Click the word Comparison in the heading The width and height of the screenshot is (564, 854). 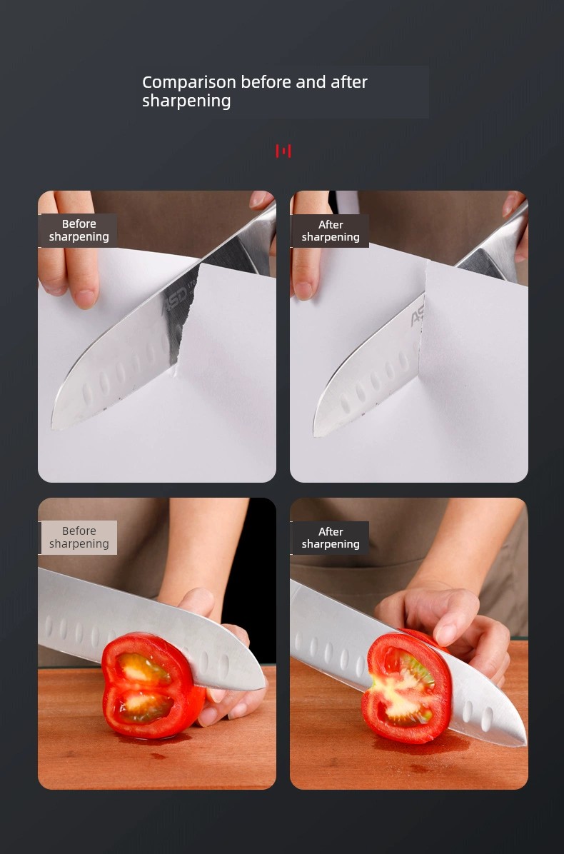[189, 82]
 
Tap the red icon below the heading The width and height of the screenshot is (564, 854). [283, 151]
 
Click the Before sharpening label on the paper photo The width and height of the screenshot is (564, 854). [79, 231]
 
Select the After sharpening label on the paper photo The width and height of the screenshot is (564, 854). [331, 231]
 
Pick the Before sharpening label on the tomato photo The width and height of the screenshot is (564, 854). [79, 538]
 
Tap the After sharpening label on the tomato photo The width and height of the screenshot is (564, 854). [331, 538]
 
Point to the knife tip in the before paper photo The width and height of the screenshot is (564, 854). [54, 428]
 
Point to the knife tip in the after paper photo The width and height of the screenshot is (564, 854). [316, 435]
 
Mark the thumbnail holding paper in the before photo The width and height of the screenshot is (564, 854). [86, 298]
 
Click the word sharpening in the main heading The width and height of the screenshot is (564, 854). [186, 101]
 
